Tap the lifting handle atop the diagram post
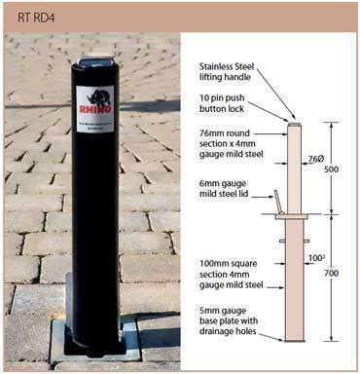(292, 121)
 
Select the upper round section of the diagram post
(292, 166)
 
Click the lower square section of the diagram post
(292, 282)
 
